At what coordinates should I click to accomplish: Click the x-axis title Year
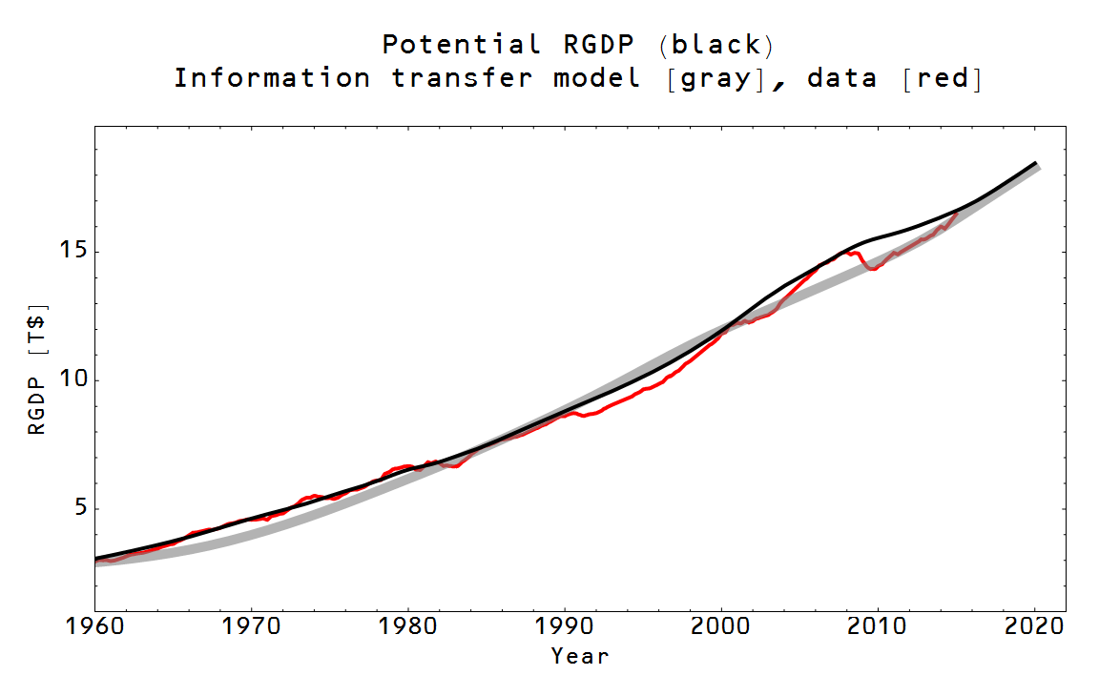click(579, 656)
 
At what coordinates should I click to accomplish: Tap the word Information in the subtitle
click(272, 78)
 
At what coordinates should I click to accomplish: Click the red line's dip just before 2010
click(872, 269)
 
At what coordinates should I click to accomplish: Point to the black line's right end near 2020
click(1035, 163)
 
